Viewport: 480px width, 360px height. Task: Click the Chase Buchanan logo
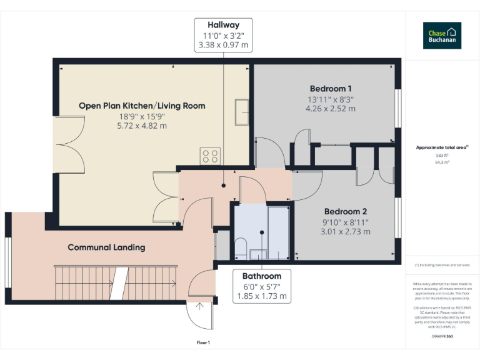pyautogui.click(x=442, y=36)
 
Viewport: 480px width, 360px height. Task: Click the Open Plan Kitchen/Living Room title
pyautogui.click(x=142, y=106)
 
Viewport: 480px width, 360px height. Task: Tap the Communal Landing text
pyautogui.click(x=106, y=247)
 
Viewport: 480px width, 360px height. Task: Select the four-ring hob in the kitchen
pyautogui.click(x=209, y=156)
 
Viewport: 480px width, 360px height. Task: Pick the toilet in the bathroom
pyautogui.click(x=241, y=247)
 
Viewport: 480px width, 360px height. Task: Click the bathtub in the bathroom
pyautogui.click(x=278, y=232)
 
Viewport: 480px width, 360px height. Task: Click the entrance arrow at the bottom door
pyautogui.click(x=199, y=306)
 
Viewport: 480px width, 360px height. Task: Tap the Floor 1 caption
pyautogui.click(x=203, y=342)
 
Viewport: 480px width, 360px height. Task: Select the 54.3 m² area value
pyautogui.click(x=442, y=161)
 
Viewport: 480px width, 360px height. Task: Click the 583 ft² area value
pyautogui.click(x=442, y=155)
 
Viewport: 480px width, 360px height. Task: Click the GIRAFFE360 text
pyautogui.click(x=442, y=337)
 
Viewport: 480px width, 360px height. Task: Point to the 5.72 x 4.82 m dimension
pyautogui.click(x=142, y=126)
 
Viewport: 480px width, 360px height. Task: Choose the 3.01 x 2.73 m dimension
pyautogui.click(x=346, y=231)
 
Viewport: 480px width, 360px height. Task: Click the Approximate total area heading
pyautogui.click(x=442, y=147)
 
